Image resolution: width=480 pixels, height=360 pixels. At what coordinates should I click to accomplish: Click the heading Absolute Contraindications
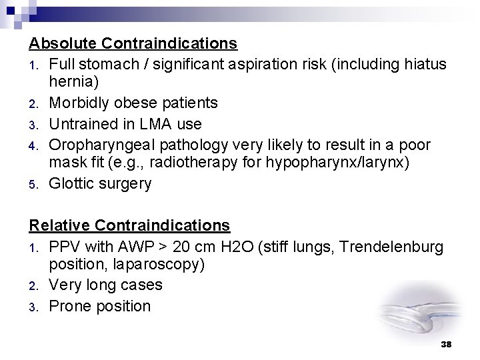tap(133, 44)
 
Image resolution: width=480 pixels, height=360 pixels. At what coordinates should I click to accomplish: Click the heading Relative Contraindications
tap(129, 225)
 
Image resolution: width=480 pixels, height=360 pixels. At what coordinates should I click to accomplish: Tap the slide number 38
tap(447, 344)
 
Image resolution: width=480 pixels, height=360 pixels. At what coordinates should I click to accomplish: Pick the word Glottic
tap(71, 183)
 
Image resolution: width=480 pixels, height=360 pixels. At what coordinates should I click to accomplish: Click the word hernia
tap(74, 83)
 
